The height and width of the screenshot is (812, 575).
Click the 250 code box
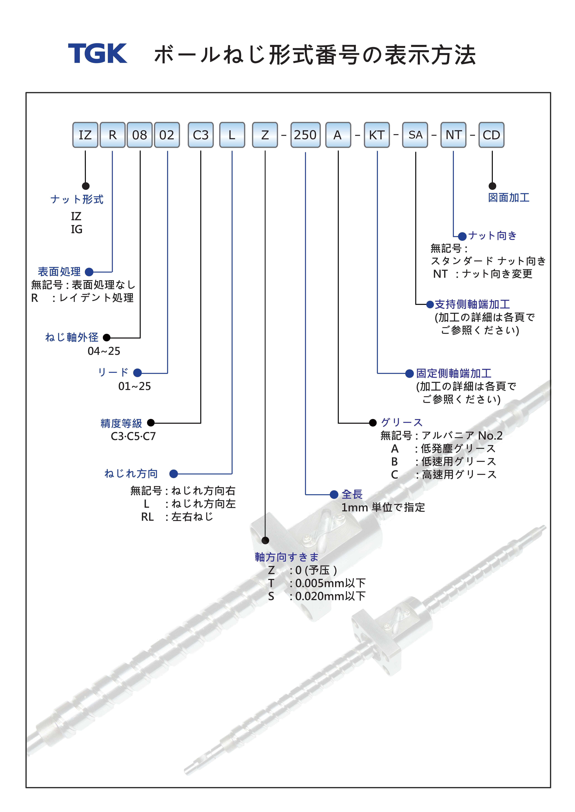(305, 135)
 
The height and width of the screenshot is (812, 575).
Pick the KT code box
(377, 135)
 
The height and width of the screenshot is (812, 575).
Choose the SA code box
(415, 135)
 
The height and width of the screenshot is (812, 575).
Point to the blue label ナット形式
(77, 199)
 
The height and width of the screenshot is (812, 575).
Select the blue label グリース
(402, 422)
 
